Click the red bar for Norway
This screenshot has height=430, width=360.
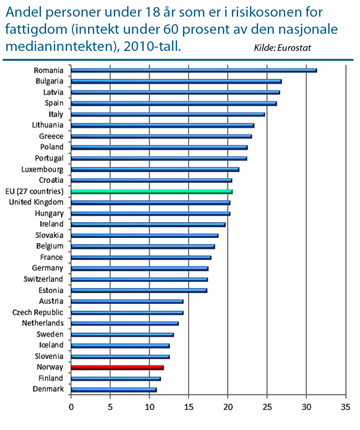click(x=117, y=367)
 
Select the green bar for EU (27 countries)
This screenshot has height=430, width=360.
click(x=151, y=191)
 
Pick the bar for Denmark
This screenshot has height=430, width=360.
click(x=113, y=390)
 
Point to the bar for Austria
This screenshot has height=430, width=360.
click(x=127, y=301)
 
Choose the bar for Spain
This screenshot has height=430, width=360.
click(x=174, y=103)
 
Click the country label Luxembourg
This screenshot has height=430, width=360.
click(x=42, y=169)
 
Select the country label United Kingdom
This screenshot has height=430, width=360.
click(x=36, y=202)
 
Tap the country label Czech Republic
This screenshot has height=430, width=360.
click(x=38, y=313)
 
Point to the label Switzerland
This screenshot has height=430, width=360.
click(x=44, y=279)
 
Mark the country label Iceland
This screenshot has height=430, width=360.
click(x=51, y=345)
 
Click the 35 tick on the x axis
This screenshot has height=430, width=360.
click(x=346, y=407)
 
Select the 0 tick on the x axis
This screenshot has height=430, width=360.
click(x=71, y=407)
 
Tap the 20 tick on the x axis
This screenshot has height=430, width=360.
click(x=228, y=407)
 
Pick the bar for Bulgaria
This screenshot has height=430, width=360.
click(x=176, y=81)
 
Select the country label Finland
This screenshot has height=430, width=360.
click(x=50, y=379)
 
